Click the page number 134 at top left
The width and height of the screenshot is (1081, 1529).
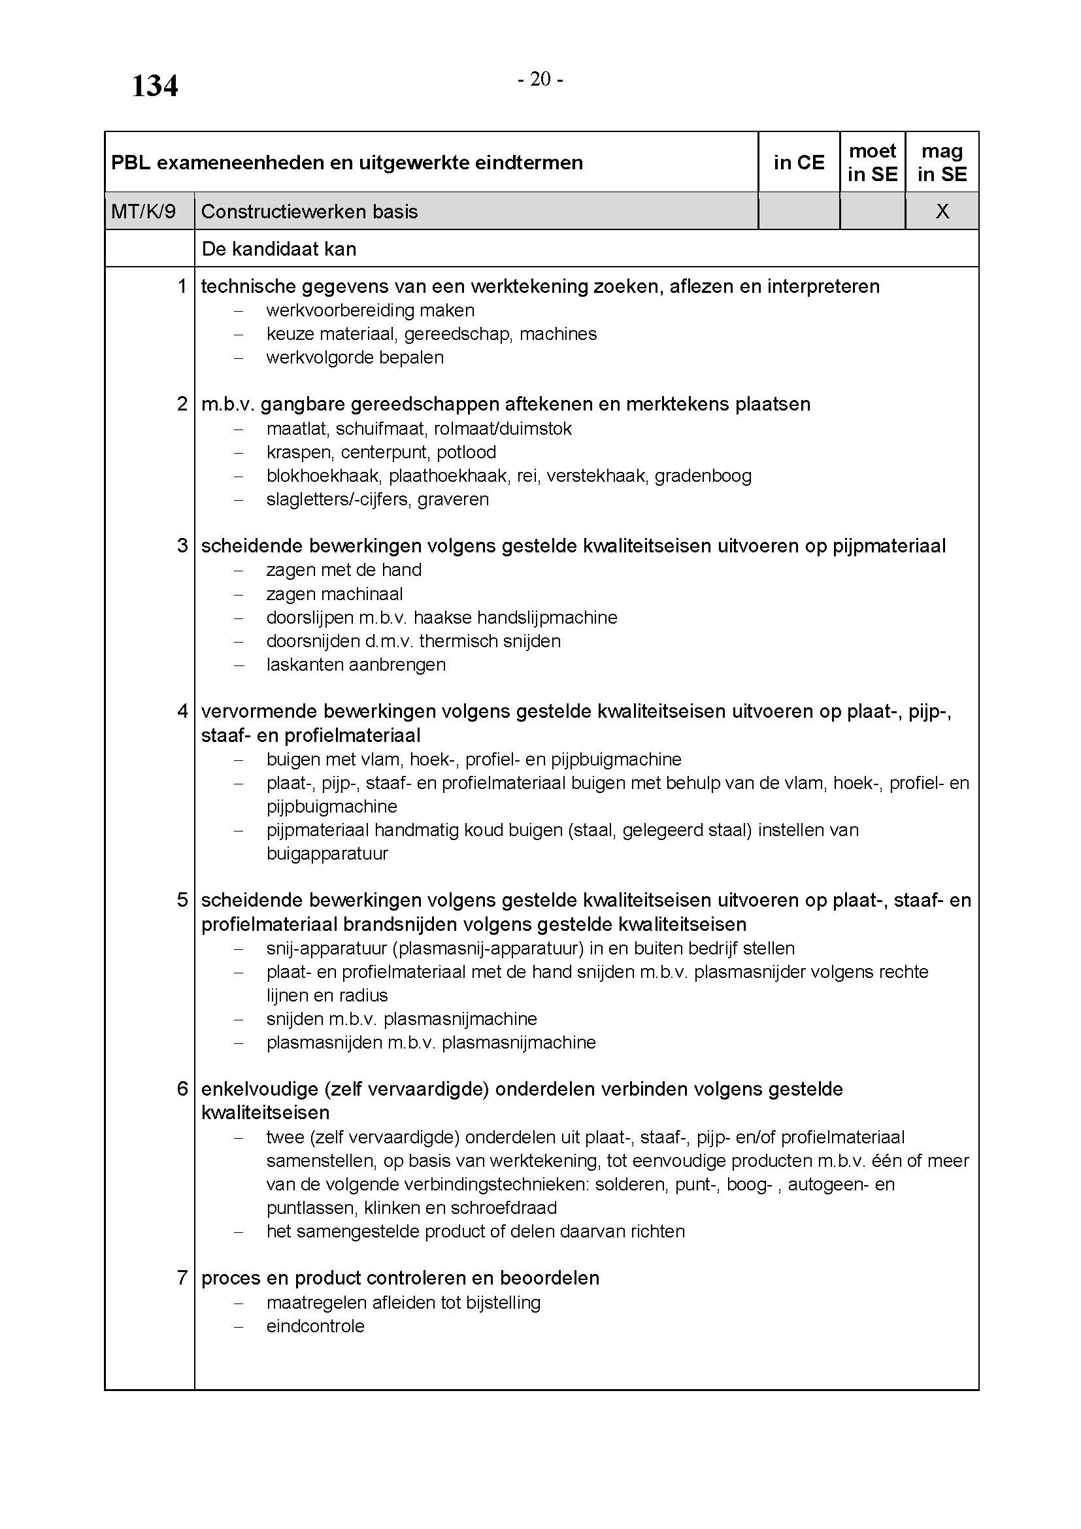click(154, 86)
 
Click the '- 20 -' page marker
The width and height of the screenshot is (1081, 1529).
click(540, 80)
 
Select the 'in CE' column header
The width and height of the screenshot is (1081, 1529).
click(798, 163)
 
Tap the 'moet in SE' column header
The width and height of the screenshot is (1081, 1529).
click(872, 163)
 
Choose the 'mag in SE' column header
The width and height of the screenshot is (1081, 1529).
click(941, 163)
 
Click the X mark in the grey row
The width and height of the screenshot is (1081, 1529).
click(942, 212)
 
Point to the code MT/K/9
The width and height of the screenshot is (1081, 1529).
click(143, 212)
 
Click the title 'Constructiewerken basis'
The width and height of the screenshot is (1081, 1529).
click(309, 212)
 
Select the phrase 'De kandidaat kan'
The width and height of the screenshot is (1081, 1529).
click(279, 249)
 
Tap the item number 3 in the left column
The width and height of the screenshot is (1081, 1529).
click(182, 545)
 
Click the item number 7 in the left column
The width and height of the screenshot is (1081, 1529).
click(182, 1278)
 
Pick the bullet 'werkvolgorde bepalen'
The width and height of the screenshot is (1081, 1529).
click(355, 358)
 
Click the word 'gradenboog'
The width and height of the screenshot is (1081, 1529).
click(703, 476)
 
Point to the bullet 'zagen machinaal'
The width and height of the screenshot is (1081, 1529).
click(334, 594)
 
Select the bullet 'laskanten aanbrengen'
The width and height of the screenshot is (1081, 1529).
click(356, 665)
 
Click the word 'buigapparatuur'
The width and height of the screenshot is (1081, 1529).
click(327, 854)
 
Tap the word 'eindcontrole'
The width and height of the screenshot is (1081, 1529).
click(315, 1326)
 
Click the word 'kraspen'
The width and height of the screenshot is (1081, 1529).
click(298, 452)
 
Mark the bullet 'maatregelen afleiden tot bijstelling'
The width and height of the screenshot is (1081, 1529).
click(403, 1303)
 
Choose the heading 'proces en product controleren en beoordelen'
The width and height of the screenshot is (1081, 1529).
click(400, 1278)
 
